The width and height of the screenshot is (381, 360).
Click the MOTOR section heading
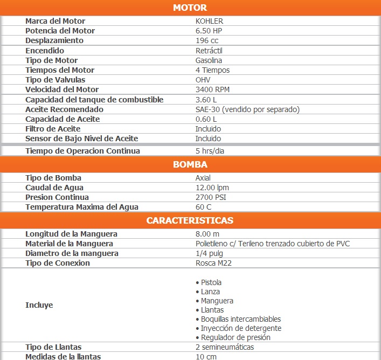[x=190, y=8]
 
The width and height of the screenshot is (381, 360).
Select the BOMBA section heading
[x=190, y=164]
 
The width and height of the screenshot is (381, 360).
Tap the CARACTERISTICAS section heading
[x=190, y=220]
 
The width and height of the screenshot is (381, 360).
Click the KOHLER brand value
[x=209, y=21]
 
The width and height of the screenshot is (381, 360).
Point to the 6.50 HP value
[x=209, y=31]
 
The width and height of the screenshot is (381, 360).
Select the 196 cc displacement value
[x=207, y=40]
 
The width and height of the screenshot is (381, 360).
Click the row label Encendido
[x=45, y=51]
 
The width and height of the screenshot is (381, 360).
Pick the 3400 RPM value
[x=212, y=89]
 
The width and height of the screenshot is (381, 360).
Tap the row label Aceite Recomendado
[x=64, y=109]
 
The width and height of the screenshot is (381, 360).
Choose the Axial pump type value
[x=203, y=178]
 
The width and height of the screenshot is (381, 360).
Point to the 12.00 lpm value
[x=212, y=188]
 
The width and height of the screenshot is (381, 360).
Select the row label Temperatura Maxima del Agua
[x=81, y=207]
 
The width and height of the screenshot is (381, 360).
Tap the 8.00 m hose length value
[x=207, y=234]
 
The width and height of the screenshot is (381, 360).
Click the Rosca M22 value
[x=213, y=263]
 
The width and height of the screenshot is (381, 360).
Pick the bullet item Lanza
[x=210, y=292]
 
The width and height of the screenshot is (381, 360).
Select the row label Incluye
[x=39, y=305]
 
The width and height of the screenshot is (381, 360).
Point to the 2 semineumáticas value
[x=225, y=347]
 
